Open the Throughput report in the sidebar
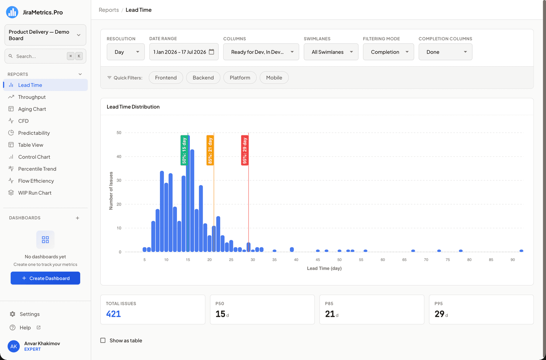32,97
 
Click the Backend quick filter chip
203,78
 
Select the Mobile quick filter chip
274,78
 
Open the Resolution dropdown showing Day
126,52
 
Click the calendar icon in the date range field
212,52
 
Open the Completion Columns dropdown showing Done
445,52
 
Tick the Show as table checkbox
103,340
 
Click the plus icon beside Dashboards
78,218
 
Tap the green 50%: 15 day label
184,150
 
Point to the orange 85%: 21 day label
210,150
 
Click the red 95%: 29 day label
245,150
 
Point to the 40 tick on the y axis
119,157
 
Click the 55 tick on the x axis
361,260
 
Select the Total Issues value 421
113,314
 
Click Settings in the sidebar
30,314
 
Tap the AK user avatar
14,346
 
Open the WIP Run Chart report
35,193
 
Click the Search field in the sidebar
45,56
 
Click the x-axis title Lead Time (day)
324,268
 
